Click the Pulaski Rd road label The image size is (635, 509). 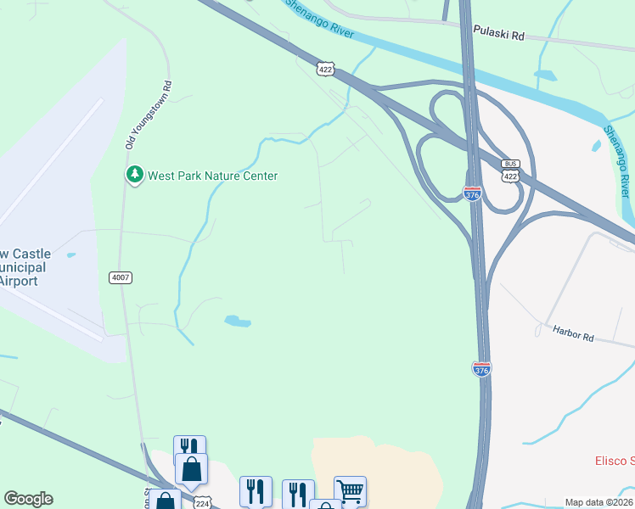coord(499,37)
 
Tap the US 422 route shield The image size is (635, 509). coord(326,69)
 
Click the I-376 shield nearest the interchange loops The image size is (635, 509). coord(473,193)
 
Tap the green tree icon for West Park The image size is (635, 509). coord(134,175)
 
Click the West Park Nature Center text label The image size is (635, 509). coord(212,176)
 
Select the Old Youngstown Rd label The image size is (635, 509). coord(149,115)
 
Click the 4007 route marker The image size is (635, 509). coord(121,277)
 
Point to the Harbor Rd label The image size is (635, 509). coord(573,334)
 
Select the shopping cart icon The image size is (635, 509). coord(350,490)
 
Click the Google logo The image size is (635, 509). coord(28,499)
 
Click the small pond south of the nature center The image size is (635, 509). coord(237,321)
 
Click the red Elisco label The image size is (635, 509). coord(613,461)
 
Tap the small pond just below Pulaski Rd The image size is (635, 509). coord(545,75)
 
